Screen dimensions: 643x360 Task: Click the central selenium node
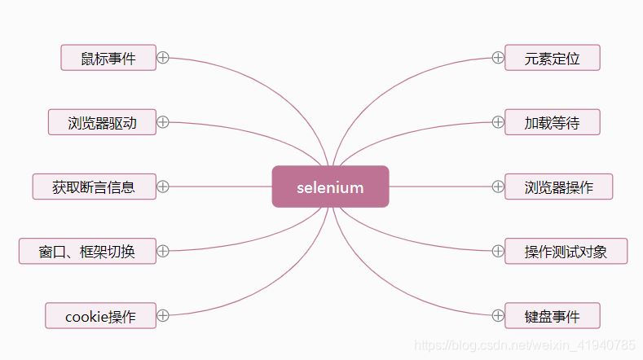330,187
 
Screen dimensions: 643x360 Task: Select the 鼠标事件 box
108,58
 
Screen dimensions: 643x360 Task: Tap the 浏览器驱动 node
102,122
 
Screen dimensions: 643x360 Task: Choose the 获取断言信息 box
94,187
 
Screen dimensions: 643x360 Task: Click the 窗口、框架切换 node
87,251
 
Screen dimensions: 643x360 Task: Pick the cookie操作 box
100,315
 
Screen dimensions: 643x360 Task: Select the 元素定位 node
552,58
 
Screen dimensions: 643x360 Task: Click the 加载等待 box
552,122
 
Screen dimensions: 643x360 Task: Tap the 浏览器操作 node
558,187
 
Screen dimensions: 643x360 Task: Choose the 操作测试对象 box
566,251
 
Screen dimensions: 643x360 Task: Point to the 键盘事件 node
552,315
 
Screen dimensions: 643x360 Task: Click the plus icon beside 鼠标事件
163,58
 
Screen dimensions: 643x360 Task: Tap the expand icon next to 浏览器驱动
163,122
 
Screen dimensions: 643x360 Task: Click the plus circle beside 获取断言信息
163,187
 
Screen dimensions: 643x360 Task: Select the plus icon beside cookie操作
163,315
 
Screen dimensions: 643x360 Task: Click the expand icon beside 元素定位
498,58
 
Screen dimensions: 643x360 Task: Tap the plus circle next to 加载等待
498,122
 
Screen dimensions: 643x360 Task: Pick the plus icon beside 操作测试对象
498,251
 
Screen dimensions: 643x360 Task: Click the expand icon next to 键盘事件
498,315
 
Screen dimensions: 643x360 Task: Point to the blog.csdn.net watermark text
525,345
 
